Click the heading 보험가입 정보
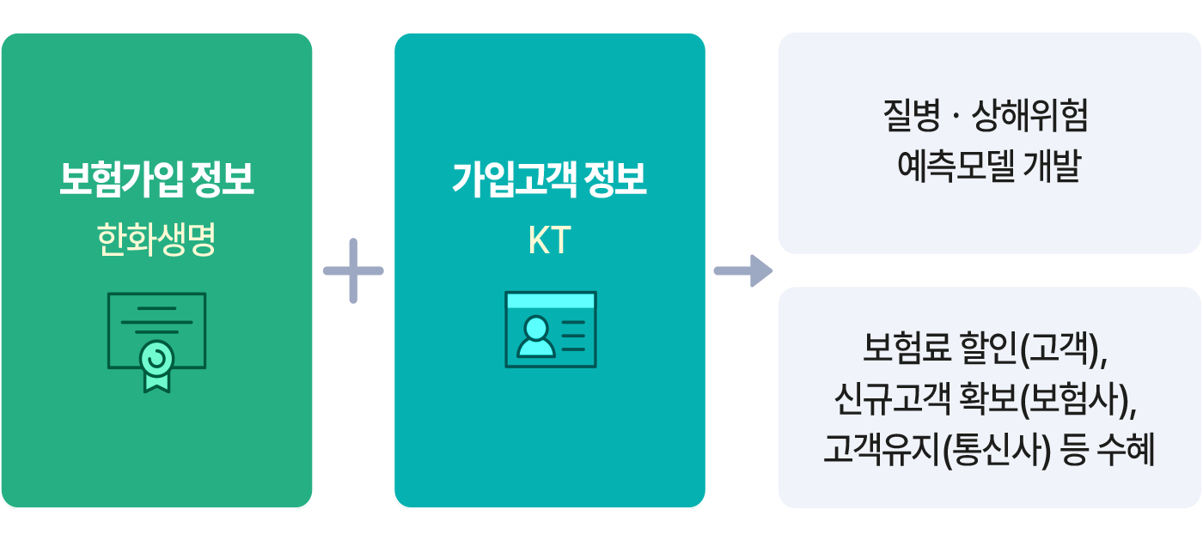(x=156, y=180)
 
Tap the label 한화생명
(x=156, y=242)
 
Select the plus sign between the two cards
(x=353, y=271)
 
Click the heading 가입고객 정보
(x=550, y=180)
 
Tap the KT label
(x=550, y=242)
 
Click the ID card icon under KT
(x=550, y=330)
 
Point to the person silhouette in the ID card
(x=536, y=337)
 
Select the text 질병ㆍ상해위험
(x=986, y=117)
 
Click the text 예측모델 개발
(x=988, y=167)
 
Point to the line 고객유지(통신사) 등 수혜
(x=988, y=448)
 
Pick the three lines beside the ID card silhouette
(x=573, y=336)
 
